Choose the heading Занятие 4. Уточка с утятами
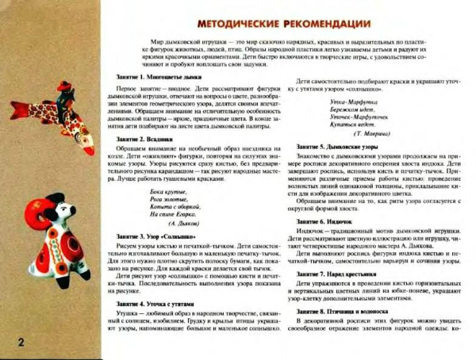149,304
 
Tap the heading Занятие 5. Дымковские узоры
340,147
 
